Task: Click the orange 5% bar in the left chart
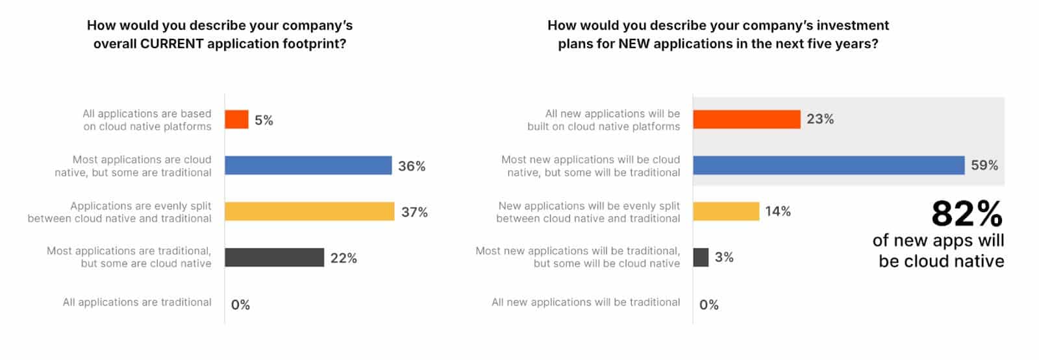click(236, 119)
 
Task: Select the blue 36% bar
click(308, 165)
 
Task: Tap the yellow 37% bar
click(309, 211)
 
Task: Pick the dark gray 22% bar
click(274, 258)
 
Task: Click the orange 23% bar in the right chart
click(746, 119)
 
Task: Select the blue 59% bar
click(828, 165)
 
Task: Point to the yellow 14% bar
click(725, 211)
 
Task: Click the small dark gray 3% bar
click(701, 258)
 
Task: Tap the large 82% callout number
click(966, 213)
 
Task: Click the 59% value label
click(984, 165)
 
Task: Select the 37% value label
click(414, 212)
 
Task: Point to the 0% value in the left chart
click(240, 305)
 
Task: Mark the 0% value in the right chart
click(708, 305)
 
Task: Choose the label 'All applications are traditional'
click(137, 302)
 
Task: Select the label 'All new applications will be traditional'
click(586, 302)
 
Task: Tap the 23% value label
click(820, 119)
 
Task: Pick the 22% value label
click(344, 258)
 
